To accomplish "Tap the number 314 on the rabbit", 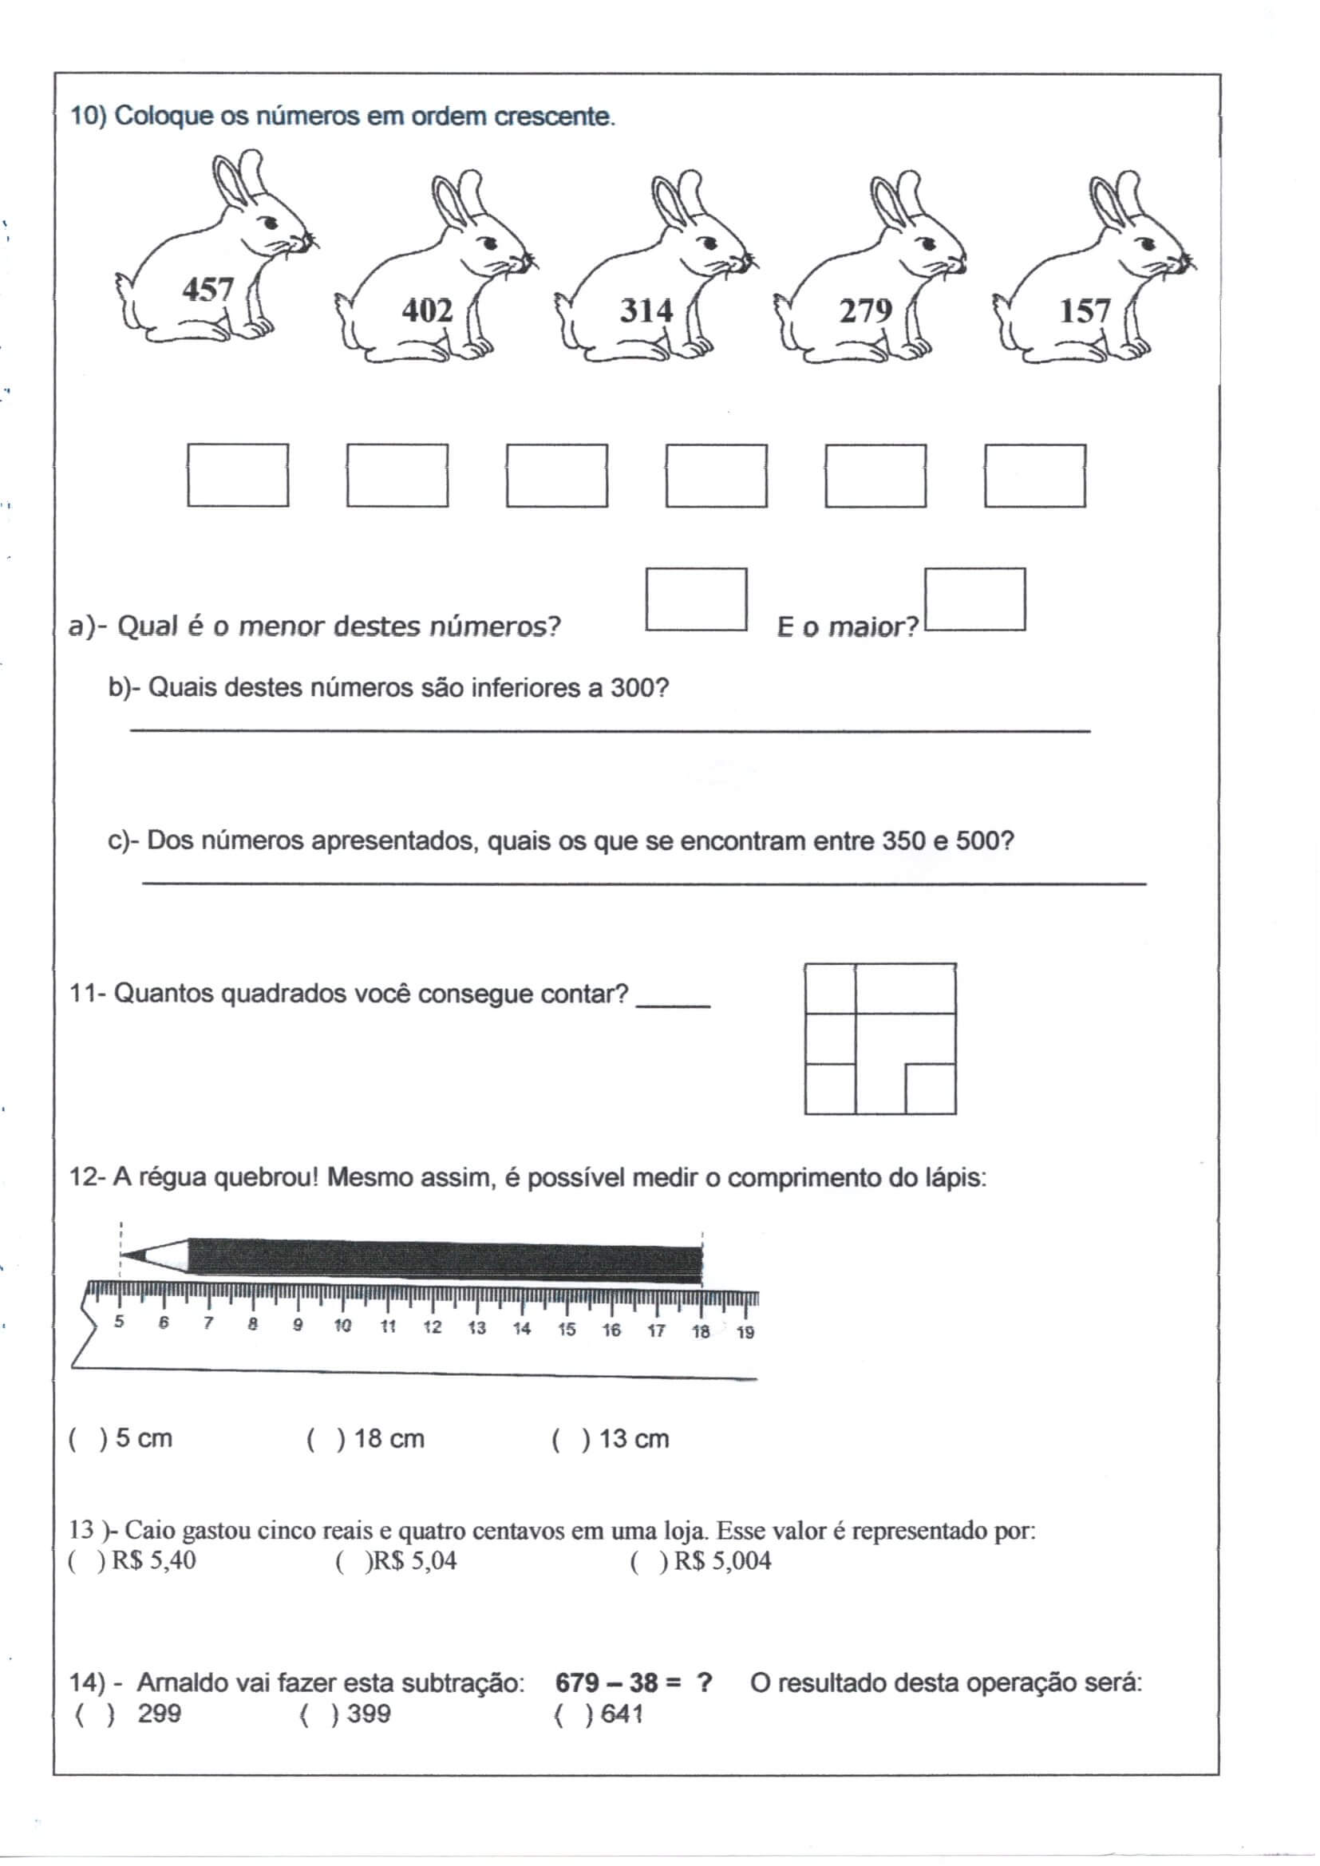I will (646, 310).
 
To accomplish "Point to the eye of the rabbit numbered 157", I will (1148, 243).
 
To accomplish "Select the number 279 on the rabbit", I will (866, 310).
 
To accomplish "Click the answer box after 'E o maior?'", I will (974, 600).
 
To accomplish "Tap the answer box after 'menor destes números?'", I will (696, 600).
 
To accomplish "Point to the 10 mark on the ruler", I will (343, 1326).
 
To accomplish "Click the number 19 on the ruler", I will (745, 1332).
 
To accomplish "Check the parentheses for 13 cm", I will (571, 1438).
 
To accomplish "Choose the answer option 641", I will (622, 1714).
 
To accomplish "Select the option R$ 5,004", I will (721, 1560).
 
